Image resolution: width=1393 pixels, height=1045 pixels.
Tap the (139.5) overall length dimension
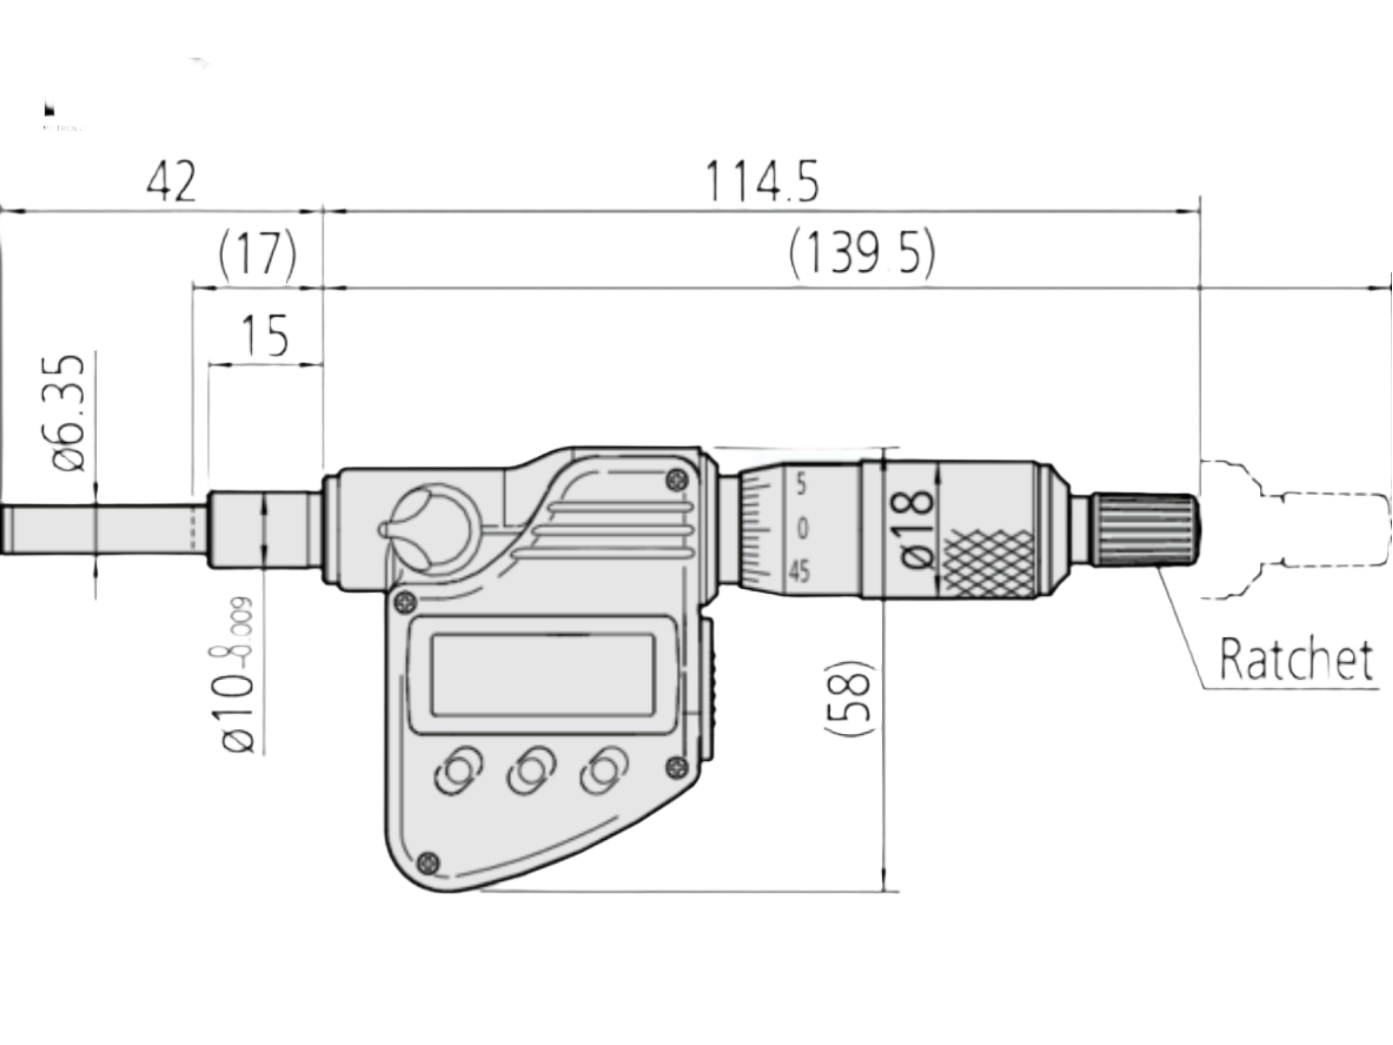[861, 254]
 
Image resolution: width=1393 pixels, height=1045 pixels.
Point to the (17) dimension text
[257, 255]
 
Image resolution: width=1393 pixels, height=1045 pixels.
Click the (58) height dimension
[849, 698]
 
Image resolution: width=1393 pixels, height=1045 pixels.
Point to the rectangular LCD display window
[542, 675]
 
